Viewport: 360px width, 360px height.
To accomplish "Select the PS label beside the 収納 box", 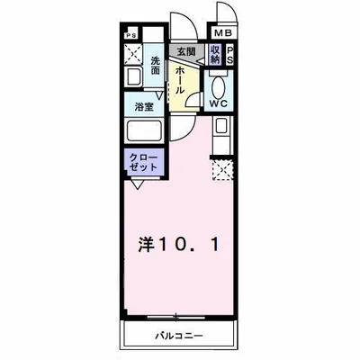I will (x=229, y=54).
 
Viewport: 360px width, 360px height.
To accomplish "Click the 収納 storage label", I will (x=215, y=54).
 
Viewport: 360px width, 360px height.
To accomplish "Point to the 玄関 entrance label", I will (x=186, y=51).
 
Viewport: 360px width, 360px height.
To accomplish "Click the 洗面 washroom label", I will (x=156, y=66).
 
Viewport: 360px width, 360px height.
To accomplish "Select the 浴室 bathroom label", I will (x=144, y=106).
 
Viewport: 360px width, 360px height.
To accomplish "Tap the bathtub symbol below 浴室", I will (x=144, y=131).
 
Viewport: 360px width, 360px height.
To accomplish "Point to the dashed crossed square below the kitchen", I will (x=220, y=167).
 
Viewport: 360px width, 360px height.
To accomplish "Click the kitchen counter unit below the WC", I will (x=220, y=137).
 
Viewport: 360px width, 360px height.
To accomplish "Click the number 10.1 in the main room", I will (x=190, y=243).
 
